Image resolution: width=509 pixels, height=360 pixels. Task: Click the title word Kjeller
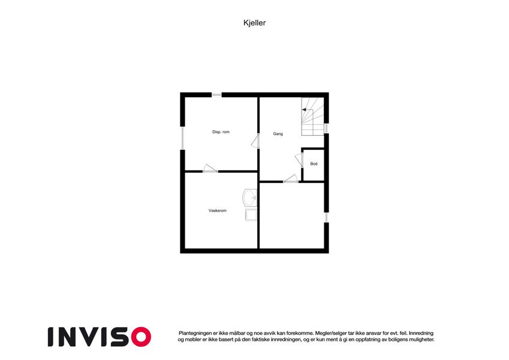254,23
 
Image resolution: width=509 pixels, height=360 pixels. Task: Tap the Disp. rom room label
221,132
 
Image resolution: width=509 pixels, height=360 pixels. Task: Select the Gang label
278,134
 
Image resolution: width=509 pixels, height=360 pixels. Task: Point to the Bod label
314,164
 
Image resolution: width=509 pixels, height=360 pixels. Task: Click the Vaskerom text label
218,211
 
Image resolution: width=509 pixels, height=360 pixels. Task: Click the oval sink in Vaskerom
250,197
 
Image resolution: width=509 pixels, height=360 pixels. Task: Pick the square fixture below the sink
251,215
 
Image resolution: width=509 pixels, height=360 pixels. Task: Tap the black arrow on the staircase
304,110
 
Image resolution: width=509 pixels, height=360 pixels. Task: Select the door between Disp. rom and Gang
255,141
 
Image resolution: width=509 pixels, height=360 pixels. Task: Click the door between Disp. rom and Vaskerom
210,168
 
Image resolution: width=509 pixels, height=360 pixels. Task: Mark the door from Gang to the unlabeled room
291,178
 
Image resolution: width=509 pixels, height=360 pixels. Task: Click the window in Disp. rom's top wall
216,95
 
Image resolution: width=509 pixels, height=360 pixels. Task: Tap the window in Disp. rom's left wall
182,138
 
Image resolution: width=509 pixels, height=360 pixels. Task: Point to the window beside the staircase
326,128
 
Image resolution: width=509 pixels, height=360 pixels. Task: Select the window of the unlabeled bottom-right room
326,217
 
